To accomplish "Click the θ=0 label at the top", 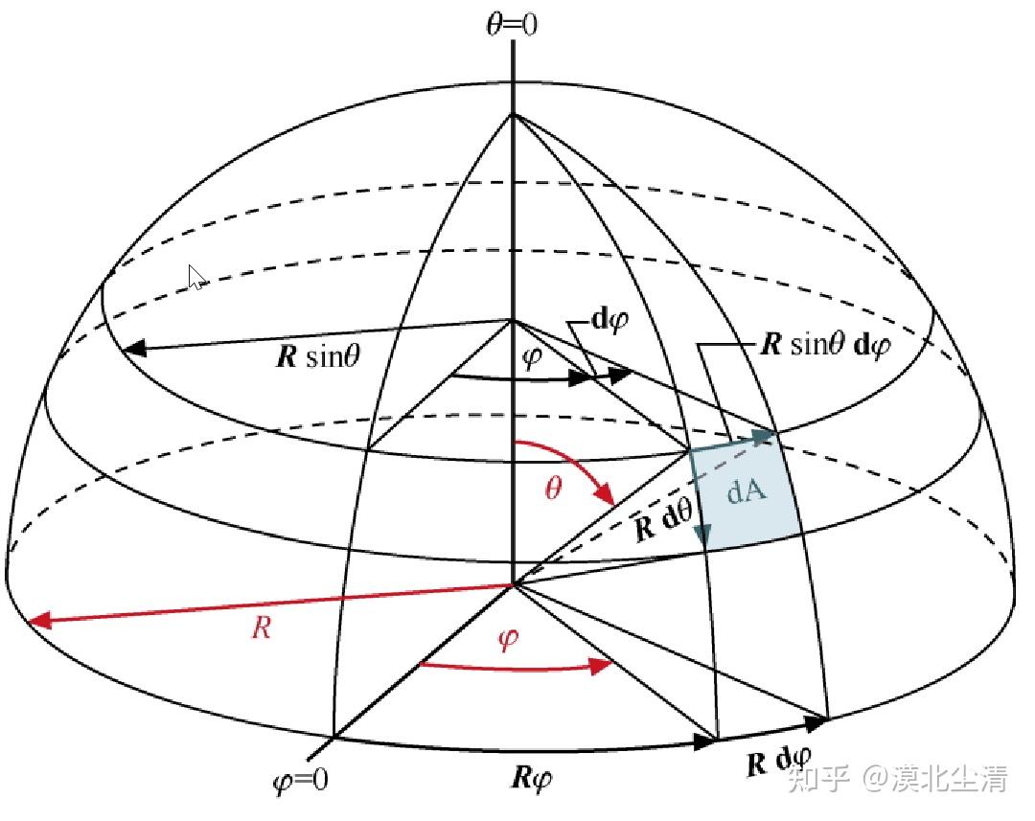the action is (513, 24).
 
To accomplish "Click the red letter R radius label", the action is (261, 628).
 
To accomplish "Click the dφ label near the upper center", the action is (609, 321).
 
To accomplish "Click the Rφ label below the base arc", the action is (531, 775).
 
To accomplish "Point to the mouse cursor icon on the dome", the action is (196, 278).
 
